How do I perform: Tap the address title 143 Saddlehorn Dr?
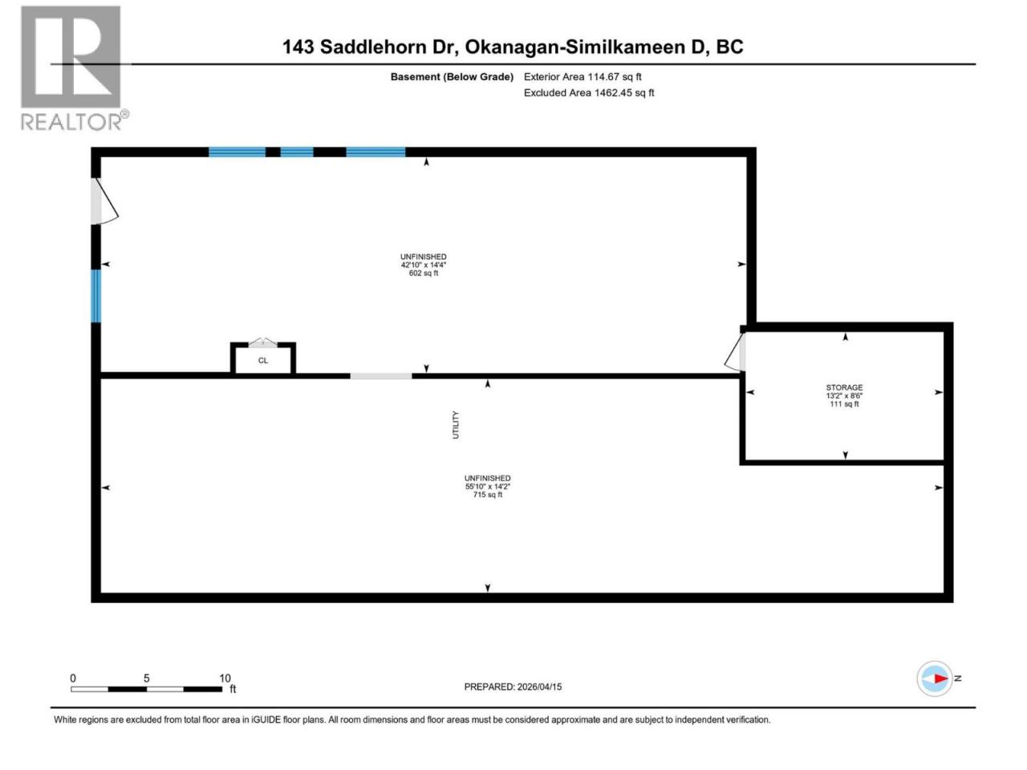click(369, 47)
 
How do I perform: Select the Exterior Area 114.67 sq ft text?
click(583, 77)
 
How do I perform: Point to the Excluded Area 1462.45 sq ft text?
click(589, 92)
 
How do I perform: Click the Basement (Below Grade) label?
click(452, 77)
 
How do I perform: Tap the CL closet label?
click(263, 360)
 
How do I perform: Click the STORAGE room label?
click(844, 387)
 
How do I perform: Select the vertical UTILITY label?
click(456, 425)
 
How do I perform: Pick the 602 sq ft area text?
click(424, 273)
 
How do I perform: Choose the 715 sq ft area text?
click(488, 495)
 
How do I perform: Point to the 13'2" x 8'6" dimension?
click(844, 395)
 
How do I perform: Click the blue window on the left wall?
click(95, 296)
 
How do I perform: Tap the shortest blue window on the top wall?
click(297, 152)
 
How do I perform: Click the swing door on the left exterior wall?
click(104, 201)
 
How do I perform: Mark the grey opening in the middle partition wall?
click(381, 376)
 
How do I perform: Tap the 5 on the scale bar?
click(147, 679)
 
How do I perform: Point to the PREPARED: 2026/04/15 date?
click(513, 687)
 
